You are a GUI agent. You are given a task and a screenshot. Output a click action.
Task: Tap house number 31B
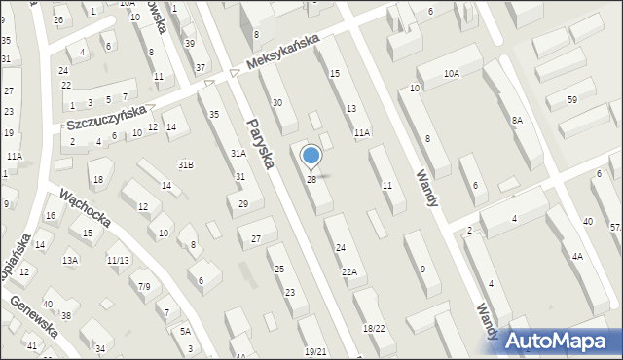click(x=185, y=164)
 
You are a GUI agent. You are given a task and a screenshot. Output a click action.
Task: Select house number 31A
click(x=238, y=154)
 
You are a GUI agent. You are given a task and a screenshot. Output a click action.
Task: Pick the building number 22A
click(x=348, y=272)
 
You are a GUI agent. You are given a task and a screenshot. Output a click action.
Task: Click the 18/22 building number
click(x=374, y=329)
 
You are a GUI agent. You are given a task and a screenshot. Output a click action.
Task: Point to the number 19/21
click(x=315, y=351)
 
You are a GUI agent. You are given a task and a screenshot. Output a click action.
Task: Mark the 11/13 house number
click(x=118, y=260)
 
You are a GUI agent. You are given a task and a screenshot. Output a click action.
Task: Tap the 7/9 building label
click(x=144, y=286)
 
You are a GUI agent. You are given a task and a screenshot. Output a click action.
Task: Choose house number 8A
click(x=517, y=120)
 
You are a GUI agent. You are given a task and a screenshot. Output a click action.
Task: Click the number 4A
click(x=577, y=257)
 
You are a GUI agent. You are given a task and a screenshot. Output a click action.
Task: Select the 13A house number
click(x=70, y=260)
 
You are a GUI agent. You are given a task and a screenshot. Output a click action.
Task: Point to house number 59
click(x=572, y=100)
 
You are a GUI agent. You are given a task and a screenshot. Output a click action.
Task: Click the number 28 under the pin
click(x=311, y=180)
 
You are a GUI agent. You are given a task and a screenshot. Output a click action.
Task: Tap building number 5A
click(x=185, y=331)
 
